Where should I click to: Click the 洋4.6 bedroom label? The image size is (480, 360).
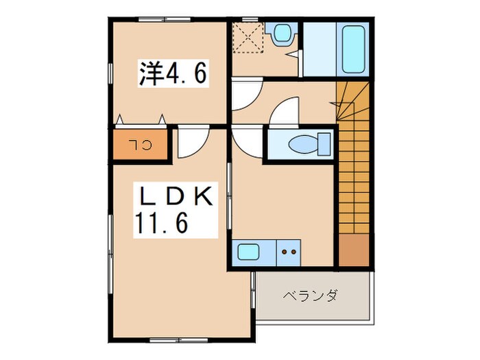click(x=173, y=73)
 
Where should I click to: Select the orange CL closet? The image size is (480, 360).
click(x=141, y=145)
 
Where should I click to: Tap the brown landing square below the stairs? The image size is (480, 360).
click(x=353, y=251)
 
